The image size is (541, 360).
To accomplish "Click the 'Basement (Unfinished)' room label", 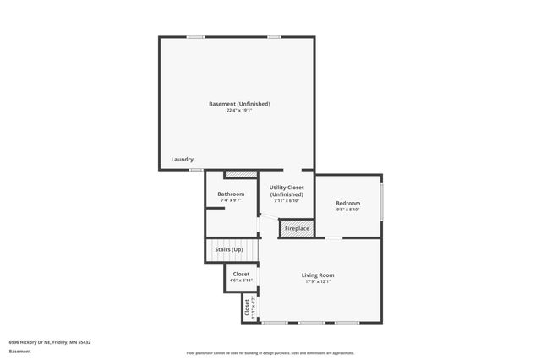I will point(239,104).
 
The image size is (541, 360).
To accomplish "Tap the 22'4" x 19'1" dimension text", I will point(239,111).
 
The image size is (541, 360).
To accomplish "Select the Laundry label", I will point(183,160).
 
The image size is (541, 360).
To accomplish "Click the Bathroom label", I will point(231,194).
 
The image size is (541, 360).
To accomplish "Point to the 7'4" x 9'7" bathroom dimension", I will point(231,200).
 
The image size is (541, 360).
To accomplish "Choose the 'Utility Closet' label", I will point(287,188).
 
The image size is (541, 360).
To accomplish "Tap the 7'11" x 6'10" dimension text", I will point(287,201).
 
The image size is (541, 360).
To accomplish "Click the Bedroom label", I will point(348,203).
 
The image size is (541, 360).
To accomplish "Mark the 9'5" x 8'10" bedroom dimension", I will point(348,210).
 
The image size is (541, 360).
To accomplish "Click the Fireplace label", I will point(297,229).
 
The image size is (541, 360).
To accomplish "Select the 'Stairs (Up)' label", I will point(229,250).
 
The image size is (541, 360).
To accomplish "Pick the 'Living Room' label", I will point(319,275).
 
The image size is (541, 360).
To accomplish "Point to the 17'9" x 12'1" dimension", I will point(319,281).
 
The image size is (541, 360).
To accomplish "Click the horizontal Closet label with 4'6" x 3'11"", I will point(241,274).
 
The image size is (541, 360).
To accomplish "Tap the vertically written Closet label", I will point(247,307).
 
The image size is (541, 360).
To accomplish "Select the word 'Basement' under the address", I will point(19,351).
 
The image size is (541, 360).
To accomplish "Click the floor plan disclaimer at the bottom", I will point(270,352).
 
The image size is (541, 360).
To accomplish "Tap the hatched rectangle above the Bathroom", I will point(240,175).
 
